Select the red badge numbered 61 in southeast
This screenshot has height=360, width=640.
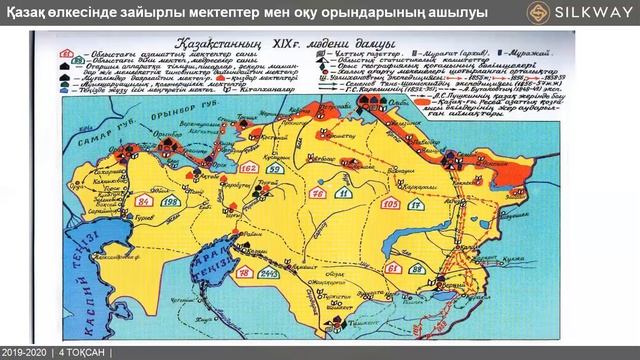click(423, 272)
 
